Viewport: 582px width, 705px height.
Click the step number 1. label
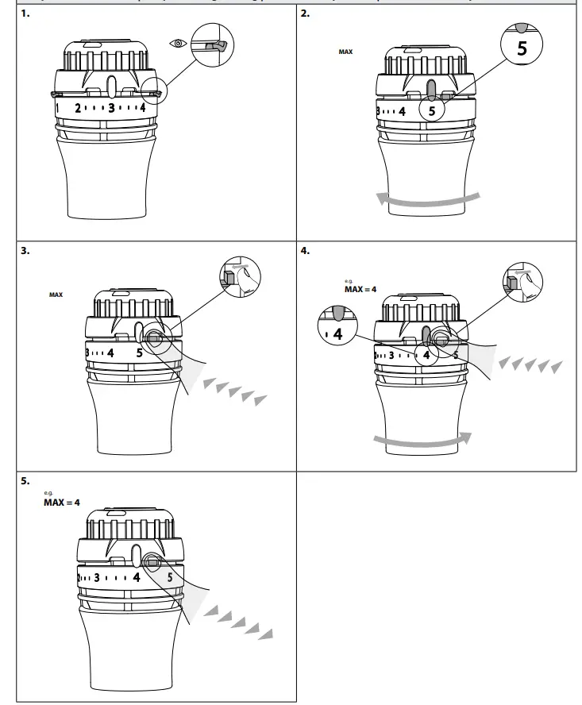click(x=25, y=14)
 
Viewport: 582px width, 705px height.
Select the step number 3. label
click(x=25, y=250)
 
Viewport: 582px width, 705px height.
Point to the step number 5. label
click(x=25, y=480)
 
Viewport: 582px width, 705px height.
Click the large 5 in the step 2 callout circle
click(x=521, y=47)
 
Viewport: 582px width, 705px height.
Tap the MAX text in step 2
click(x=345, y=52)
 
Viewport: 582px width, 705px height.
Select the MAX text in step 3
click(x=56, y=295)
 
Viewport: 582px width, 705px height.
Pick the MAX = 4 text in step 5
click(x=62, y=503)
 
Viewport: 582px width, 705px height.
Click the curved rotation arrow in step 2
click(x=429, y=198)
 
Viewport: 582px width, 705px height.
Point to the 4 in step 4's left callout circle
click(x=338, y=334)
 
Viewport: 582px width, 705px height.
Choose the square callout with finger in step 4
click(x=520, y=282)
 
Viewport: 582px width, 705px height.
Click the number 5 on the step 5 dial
click(x=170, y=577)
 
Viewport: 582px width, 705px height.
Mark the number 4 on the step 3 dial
click(x=110, y=352)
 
